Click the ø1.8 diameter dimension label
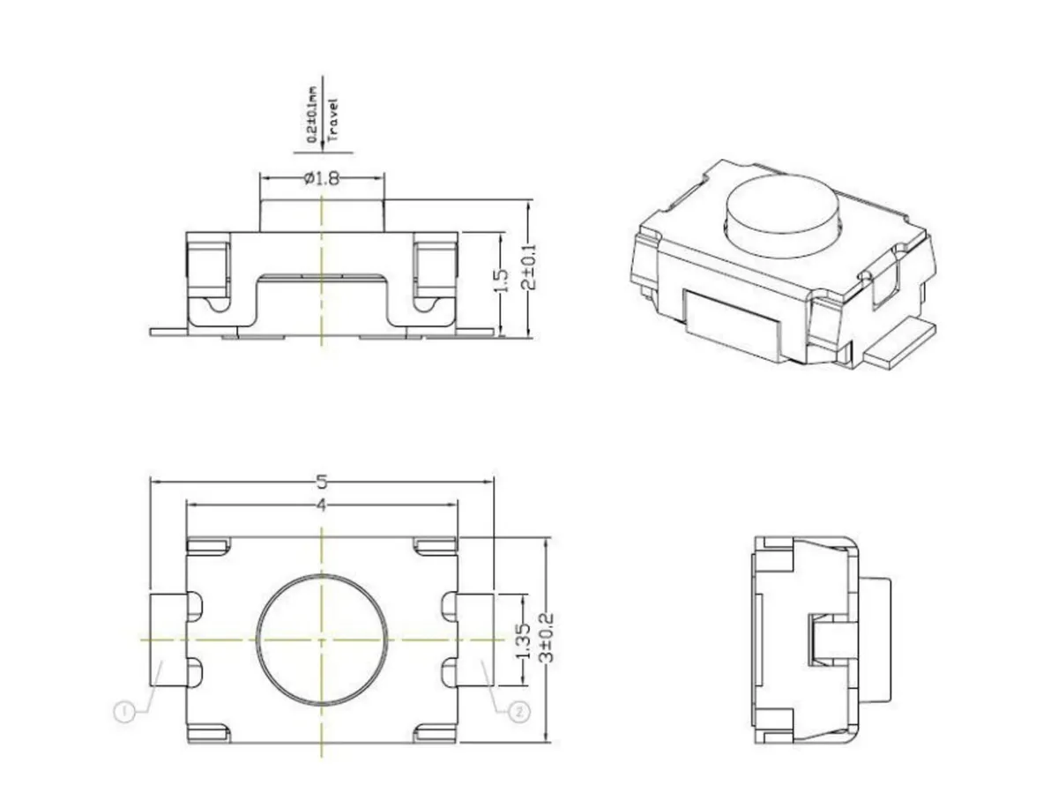(322, 178)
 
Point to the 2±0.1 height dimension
(528, 267)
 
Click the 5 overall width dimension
(322, 482)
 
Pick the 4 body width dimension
(322, 505)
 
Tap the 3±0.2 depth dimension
(548, 638)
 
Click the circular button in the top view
(322, 639)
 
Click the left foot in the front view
(169, 332)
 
